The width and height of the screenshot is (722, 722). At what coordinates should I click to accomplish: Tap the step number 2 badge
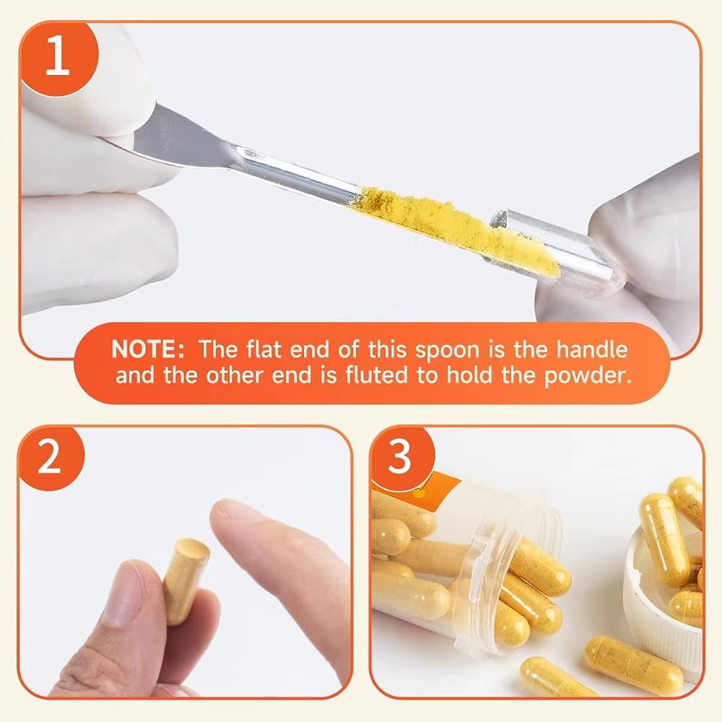(49, 458)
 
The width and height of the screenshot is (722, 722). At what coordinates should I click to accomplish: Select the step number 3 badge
(400, 458)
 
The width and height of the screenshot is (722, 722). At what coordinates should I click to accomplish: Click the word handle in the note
(592, 349)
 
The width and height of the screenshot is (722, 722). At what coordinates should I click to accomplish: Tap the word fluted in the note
(376, 375)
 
